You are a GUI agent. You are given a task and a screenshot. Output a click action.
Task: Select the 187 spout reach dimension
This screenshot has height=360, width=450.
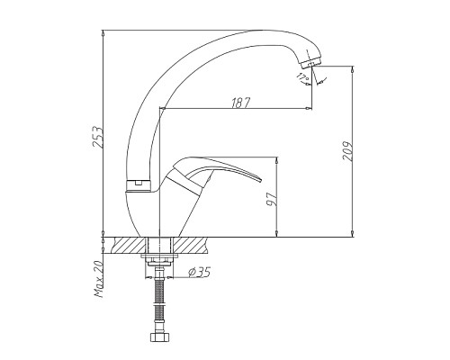coord(238,104)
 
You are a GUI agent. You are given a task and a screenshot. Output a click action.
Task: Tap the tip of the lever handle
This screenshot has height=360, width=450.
coord(268,164)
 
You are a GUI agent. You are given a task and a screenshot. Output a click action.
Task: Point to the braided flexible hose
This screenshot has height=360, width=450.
coord(158,301)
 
